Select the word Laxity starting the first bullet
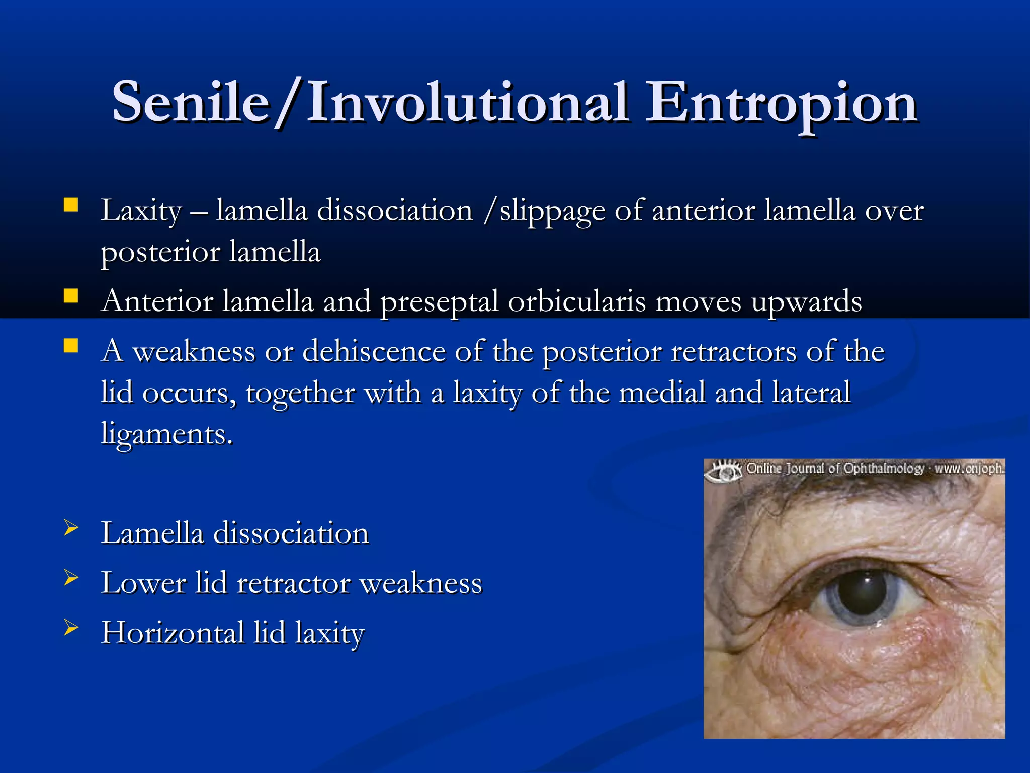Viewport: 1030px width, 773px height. pyautogui.click(x=141, y=210)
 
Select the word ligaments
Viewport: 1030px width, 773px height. pyautogui.click(x=166, y=434)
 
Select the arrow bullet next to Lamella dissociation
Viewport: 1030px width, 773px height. pyautogui.click(x=71, y=528)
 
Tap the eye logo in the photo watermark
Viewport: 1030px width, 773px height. pyautogui.click(x=722, y=471)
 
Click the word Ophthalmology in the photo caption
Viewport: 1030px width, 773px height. pyautogui.click(x=884, y=469)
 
